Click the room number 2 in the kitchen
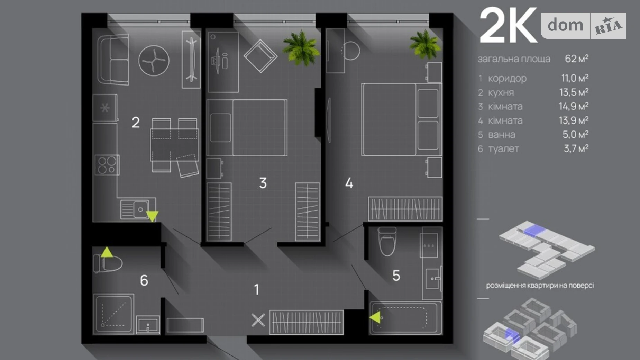(x=136, y=122)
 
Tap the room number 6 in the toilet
(x=144, y=280)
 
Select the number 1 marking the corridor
(x=256, y=289)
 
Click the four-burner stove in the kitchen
(x=107, y=165)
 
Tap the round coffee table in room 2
(x=154, y=61)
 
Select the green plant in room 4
(x=425, y=44)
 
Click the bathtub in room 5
(x=405, y=318)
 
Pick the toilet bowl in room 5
(x=387, y=241)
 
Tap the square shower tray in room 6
(x=113, y=314)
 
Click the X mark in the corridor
(x=258, y=320)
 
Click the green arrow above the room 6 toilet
(x=107, y=252)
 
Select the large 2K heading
(x=508, y=26)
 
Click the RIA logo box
(x=608, y=26)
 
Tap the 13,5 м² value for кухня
(x=574, y=92)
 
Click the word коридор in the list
(x=507, y=79)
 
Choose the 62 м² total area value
(x=576, y=59)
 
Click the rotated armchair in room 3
(x=260, y=56)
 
